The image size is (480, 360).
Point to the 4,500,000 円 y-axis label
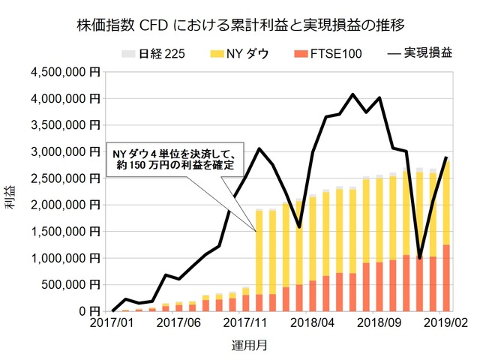coord(65,72)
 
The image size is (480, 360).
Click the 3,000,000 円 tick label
coord(65,151)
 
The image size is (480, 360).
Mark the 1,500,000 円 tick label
coord(65,231)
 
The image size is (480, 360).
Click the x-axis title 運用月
coord(277,346)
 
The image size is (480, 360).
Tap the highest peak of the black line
coord(352,94)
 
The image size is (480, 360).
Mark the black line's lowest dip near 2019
coord(419,258)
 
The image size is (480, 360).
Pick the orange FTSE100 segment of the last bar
coord(446,277)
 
